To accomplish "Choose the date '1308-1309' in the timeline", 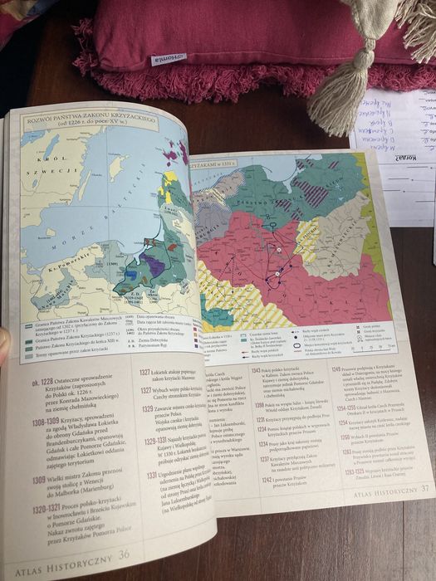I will pyautogui.click(x=47, y=421).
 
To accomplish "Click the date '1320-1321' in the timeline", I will pyautogui.click(x=48, y=508).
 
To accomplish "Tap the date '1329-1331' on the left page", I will pyautogui.click(x=157, y=441).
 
